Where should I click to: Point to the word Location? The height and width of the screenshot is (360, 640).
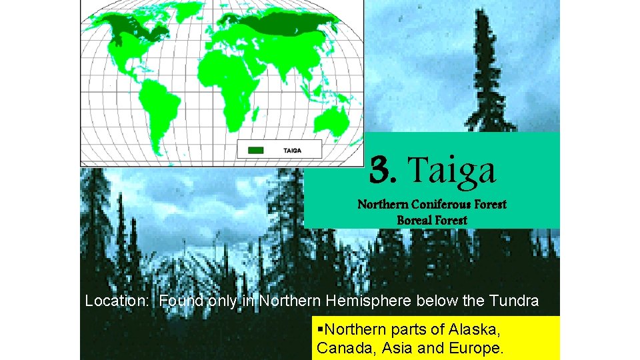pyautogui.click(x=119, y=301)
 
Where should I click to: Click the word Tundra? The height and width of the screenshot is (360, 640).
pyautogui.click(x=513, y=301)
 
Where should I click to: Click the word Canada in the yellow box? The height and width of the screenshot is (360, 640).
pyautogui.click(x=340, y=348)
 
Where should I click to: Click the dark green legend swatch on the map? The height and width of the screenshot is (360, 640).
pyautogui.click(x=255, y=150)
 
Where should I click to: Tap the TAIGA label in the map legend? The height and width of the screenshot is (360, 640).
pyautogui.click(x=292, y=150)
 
